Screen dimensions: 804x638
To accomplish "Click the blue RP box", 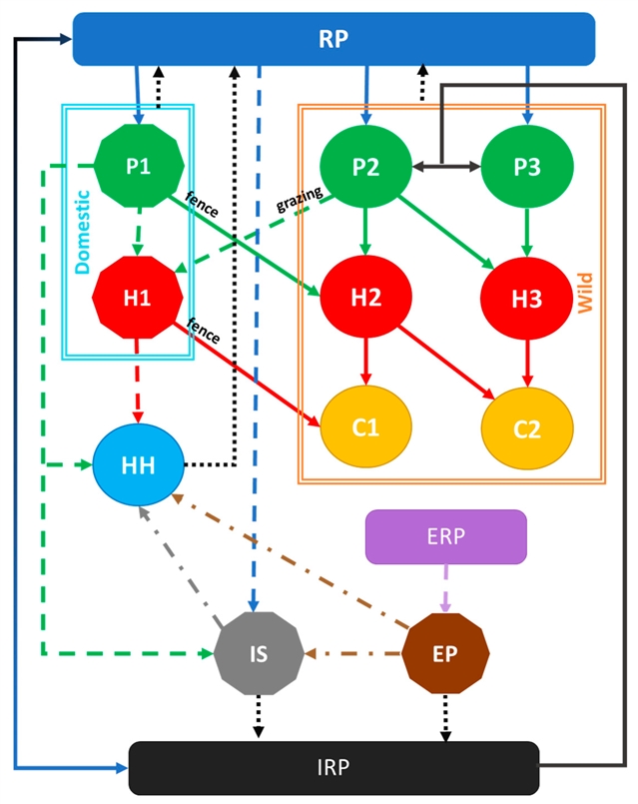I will coord(333,38).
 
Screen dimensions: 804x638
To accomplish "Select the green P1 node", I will coord(138,166).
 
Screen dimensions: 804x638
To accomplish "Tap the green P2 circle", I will coord(365,166).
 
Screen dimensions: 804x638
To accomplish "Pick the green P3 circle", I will coord(527,166).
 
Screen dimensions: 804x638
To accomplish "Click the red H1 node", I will coord(138,296).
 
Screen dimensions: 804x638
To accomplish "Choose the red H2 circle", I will coord(365,296).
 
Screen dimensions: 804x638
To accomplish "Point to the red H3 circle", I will coord(527,296).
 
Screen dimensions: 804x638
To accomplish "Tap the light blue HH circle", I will coord(138,464).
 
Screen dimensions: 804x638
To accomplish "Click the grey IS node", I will coord(258,654).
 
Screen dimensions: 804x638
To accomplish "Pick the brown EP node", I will coord(446,654).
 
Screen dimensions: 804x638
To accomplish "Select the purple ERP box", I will coord(445,536).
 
